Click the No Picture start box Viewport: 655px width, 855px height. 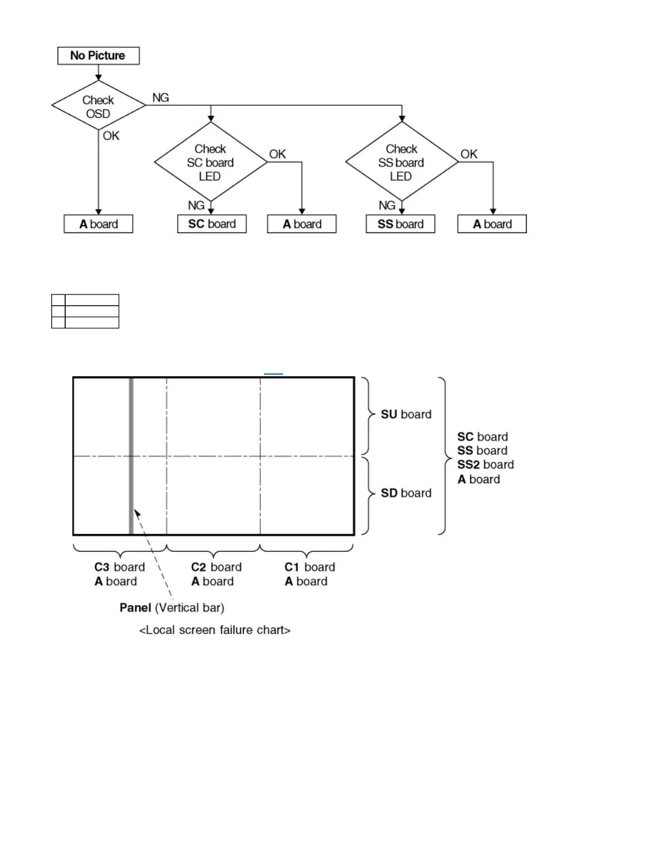coord(98,56)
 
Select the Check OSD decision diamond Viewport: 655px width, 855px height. coord(98,106)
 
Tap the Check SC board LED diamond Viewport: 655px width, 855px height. coord(211,162)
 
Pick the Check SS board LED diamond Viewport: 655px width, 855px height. coord(401,162)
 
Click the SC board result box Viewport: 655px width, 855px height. coord(212,224)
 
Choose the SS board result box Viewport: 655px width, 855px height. coord(400,224)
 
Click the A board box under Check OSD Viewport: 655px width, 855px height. coord(99,224)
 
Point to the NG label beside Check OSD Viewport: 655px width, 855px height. coord(160,98)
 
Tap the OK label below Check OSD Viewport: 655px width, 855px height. coord(111,136)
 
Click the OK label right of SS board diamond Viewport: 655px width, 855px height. coord(468,154)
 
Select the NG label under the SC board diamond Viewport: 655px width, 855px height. coord(196,205)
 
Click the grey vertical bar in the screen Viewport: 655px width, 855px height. coord(131,456)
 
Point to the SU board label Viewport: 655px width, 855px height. coord(406,415)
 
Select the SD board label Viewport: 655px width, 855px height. coord(406,493)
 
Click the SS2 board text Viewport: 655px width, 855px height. coord(485,465)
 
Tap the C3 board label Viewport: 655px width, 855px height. coord(119,567)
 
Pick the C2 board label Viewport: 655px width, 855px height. coord(216,567)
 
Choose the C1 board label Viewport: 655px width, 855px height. coord(310,567)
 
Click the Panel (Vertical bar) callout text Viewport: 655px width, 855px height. coord(172,608)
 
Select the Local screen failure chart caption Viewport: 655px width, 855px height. coord(214,630)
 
